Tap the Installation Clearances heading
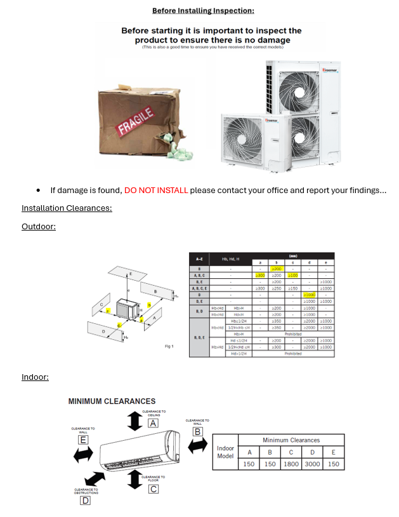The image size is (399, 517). point(67,208)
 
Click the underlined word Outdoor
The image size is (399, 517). point(38,226)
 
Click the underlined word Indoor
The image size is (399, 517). point(35,377)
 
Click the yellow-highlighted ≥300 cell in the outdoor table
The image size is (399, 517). point(260,276)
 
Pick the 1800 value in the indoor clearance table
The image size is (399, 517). point(291,464)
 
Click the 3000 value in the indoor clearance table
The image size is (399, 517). point(313,464)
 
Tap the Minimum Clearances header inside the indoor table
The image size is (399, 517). point(291,440)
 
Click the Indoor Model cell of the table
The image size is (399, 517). point(226,452)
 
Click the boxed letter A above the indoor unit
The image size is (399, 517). point(153,423)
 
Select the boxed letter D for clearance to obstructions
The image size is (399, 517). point(85,500)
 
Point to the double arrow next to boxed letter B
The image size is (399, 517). point(197,445)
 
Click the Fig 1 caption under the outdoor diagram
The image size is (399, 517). point(169,346)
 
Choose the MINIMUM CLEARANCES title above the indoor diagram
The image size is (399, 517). point(112,401)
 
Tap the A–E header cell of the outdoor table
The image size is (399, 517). point(200,259)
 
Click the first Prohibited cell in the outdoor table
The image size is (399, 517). point(293,333)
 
